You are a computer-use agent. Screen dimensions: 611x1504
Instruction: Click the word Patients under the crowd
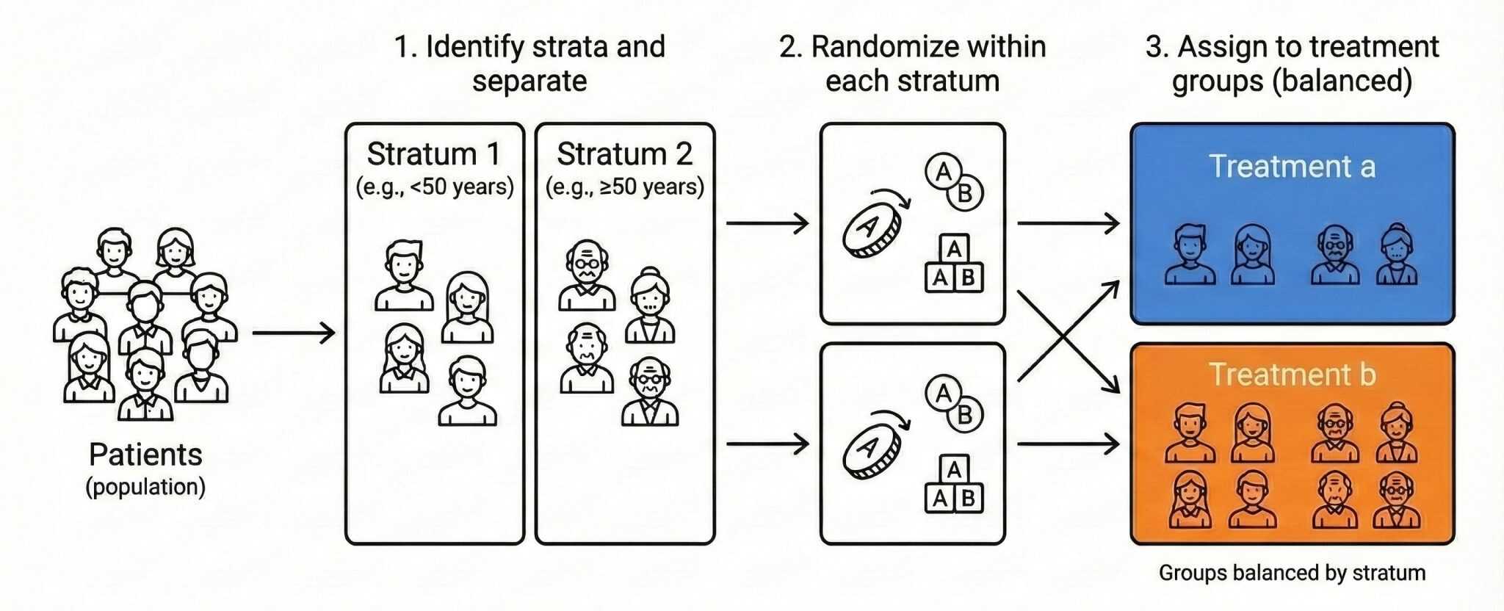tap(145, 455)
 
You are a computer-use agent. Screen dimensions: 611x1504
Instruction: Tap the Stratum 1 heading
tap(433, 154)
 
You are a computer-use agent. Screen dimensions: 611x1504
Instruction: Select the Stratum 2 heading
tap(624, 154)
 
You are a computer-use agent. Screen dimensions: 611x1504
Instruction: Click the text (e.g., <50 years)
tap(435, 187)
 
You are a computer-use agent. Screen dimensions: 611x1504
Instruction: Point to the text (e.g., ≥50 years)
tap(624, 187)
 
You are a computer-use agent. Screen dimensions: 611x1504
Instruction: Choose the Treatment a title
tap(1292, 166)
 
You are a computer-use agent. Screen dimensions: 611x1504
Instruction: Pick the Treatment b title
tap(1292, 375)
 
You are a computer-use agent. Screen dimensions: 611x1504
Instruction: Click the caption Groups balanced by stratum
tap(1292, 573)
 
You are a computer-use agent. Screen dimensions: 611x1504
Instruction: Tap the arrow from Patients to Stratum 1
tap(294, 333)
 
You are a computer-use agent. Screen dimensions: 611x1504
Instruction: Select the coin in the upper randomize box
tap(872, 228)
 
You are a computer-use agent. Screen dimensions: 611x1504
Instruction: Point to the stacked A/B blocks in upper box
tap(953, 264)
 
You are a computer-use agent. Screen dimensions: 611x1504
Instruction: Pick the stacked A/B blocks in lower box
tap(953, 485)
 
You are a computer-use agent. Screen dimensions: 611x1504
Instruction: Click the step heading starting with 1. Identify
tap(529, 63)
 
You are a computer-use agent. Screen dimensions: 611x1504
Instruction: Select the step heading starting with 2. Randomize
tap(912, 63)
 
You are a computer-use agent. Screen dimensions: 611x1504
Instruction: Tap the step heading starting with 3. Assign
tap(1292, 63)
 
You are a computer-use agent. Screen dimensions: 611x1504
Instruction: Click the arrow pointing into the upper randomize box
tap(767, 223)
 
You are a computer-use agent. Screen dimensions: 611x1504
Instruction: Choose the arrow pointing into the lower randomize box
tap(767, 444)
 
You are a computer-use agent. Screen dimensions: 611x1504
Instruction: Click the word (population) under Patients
tap(145, 487)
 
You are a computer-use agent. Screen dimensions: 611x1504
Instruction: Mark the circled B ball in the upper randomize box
tap(965, 193)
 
